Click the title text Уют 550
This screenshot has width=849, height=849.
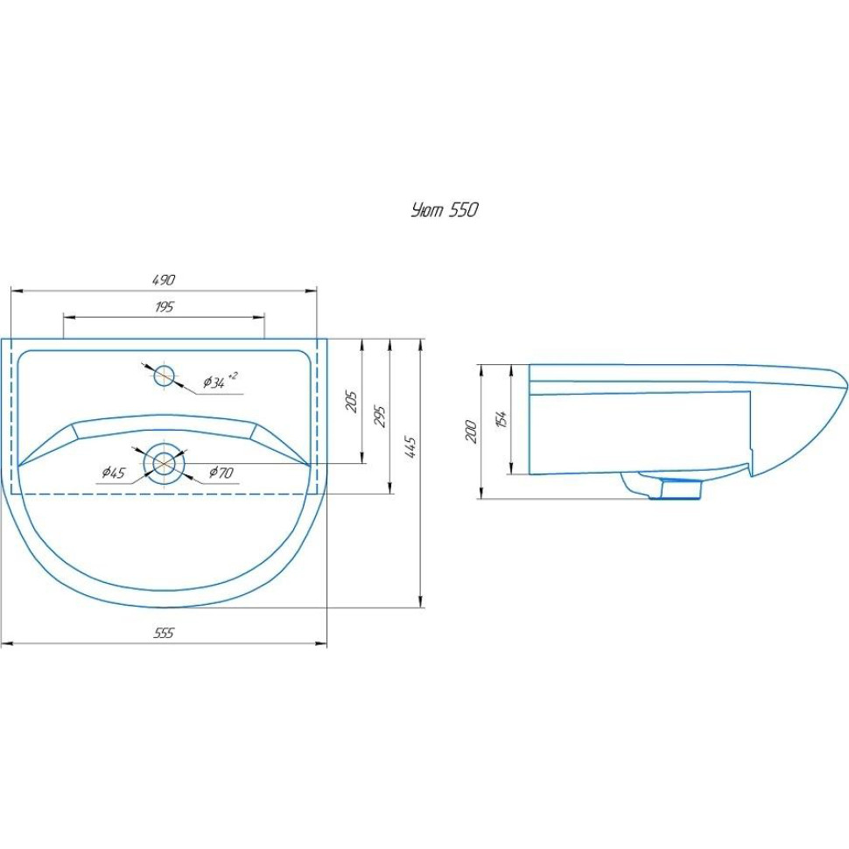click(445, 210)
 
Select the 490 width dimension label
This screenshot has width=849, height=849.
click(164, 280)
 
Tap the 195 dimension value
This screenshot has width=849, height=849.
click(164, 307)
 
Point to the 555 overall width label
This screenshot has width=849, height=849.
click(164, 633)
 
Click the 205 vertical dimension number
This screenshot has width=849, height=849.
click(352, 401)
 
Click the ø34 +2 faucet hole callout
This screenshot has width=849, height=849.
click(220, 381)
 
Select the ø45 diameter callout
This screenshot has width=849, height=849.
click(113, 473)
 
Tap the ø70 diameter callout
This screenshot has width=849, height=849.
click(221, 473)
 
